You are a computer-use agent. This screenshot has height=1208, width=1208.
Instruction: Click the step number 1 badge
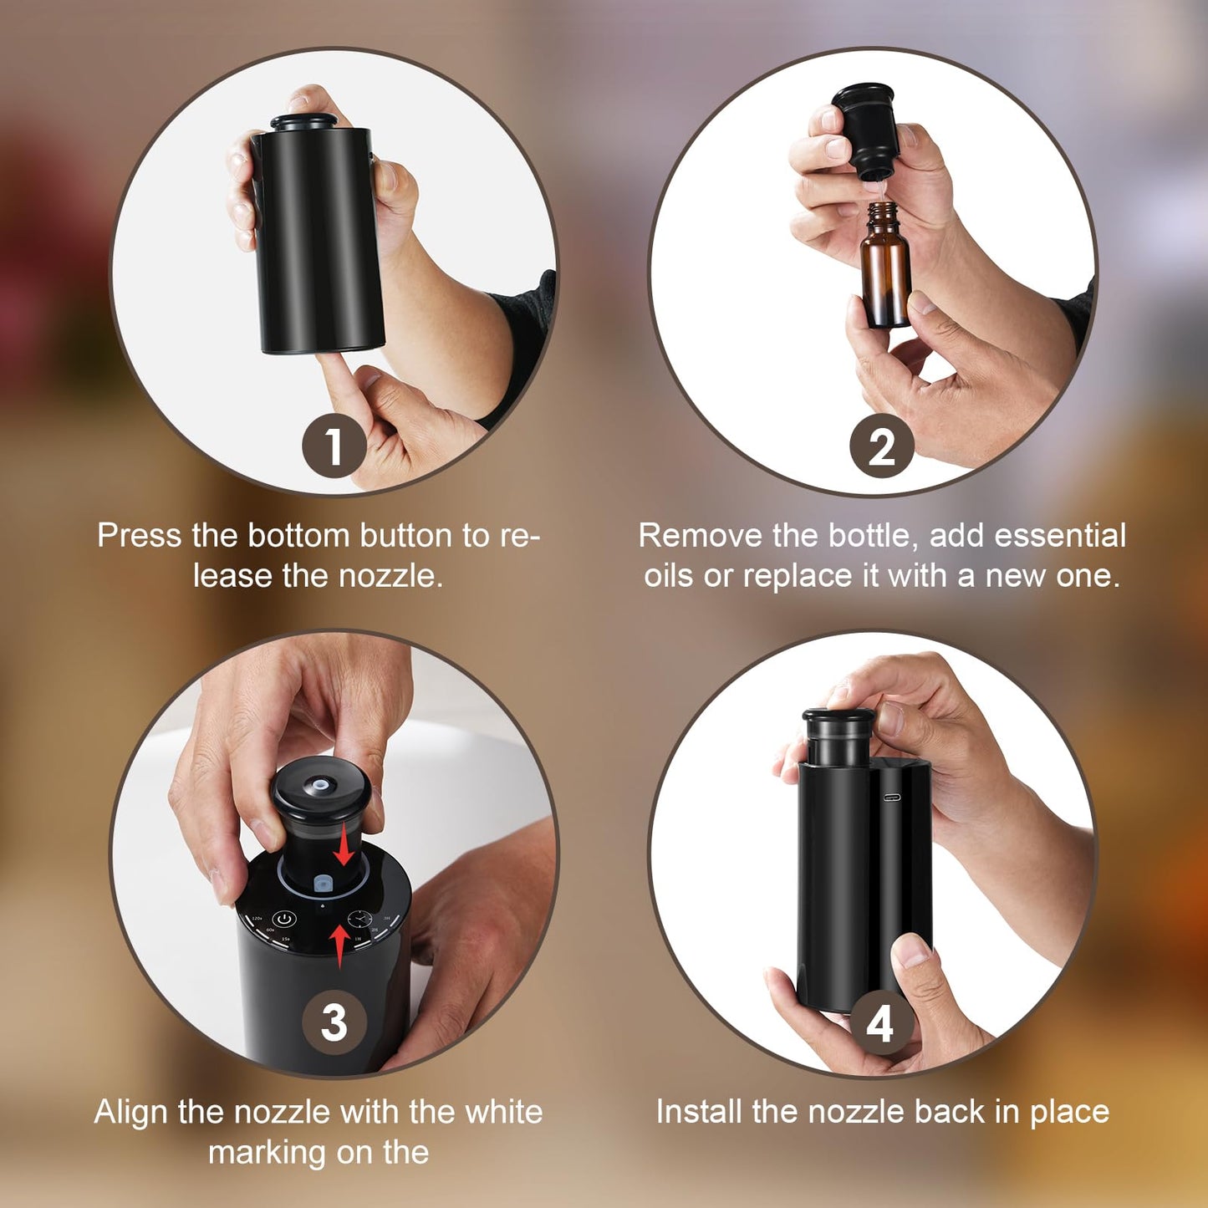pyautogui.click(x=334, y=446)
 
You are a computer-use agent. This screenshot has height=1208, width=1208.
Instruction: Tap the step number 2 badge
pyautogui.click(x=882, y=446)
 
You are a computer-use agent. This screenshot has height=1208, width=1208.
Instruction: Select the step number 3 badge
pyautogui.click(x=334, y=1022)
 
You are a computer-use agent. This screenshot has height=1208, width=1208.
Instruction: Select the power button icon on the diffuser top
pyautogui.click(x=284, y=920)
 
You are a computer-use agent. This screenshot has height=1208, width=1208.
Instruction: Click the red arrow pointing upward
pyautogui.click(x=339, y=946)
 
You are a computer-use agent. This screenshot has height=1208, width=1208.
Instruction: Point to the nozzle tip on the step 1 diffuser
pyautogui.click(x=304, y=122)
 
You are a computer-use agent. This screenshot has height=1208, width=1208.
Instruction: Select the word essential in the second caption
pyautogui.click(x=1060, y=535)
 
